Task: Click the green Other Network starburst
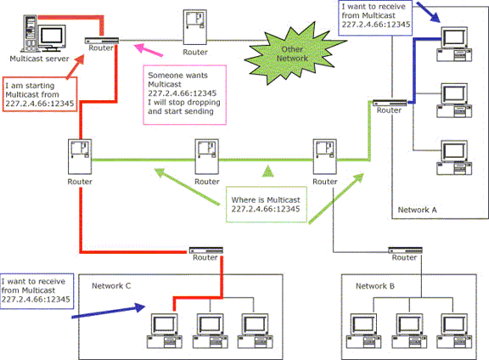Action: click(293, 53)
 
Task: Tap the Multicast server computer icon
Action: click(43, 34)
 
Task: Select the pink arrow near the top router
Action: click(148, 50)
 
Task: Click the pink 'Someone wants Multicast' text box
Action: click(184, 95)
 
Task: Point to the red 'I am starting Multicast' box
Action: click(40, 94)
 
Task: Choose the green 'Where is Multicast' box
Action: click(267, 205)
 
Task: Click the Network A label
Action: click(417, 210)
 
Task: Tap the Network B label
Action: click(375, 286)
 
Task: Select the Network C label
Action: click(111, 286)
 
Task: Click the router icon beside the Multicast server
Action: click(102, 41)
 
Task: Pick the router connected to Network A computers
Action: click(390, 103)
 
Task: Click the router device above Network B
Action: click(405, 250)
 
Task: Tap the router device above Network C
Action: click(206, 250)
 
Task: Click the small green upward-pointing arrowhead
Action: click(268, 171)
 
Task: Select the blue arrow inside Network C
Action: click(109, 312)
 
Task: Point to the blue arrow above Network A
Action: click(428, 12)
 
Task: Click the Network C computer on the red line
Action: click(165, 330)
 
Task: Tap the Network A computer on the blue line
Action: click(454, 44)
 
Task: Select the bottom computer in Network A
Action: click(454, 158)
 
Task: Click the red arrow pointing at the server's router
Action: click(76, 66)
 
